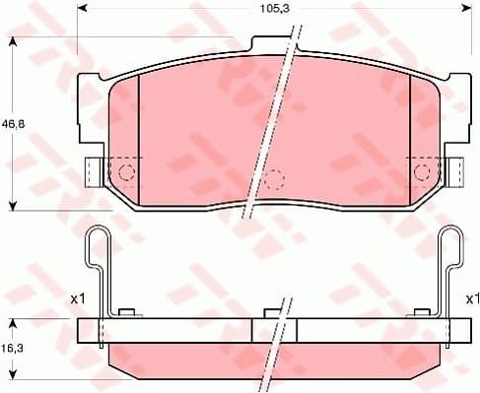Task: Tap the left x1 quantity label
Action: pyautogui.click(x=78, y=296)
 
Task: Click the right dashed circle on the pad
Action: pyautogui.click(x=423, y=172)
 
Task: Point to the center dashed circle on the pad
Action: pyautogui.click(x=275, y=179)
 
